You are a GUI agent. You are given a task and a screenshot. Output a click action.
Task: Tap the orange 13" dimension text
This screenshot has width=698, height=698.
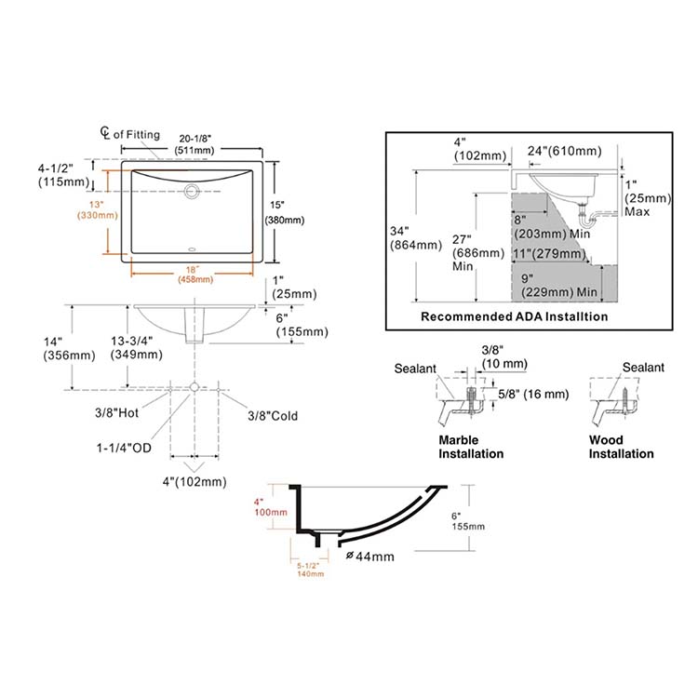[x=93, y=203]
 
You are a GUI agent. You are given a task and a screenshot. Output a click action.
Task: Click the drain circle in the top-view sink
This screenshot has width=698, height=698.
[x=193, y=192]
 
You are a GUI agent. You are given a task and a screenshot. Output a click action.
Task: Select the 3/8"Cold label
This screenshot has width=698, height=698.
[x=273, y=416]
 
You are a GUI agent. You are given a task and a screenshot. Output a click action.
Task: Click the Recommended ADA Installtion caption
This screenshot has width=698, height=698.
[x=514, y=316]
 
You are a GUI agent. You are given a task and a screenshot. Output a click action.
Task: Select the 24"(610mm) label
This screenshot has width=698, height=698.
[x=564, y=150]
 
